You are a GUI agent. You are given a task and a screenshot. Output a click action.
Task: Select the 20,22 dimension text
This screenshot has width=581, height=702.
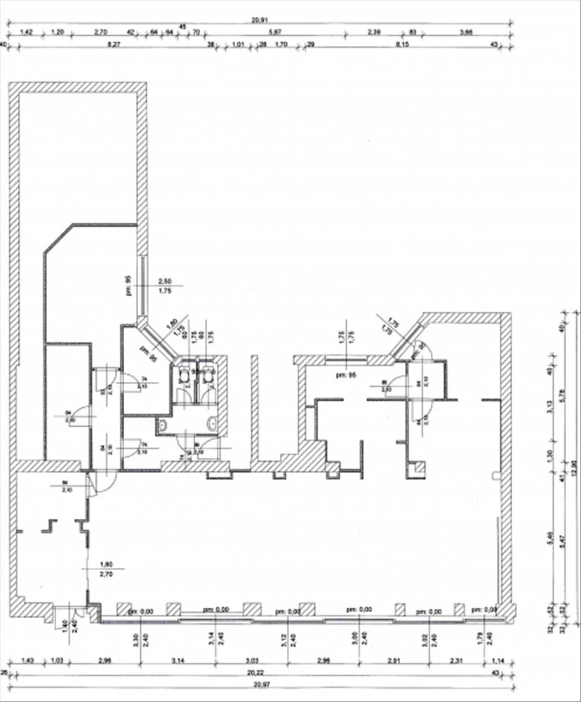(x=261, y=673)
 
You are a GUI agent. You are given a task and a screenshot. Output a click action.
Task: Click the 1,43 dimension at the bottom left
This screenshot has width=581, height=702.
(x=28, y=661)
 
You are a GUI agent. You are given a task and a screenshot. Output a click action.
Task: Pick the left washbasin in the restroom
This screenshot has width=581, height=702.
(x=163, y=423)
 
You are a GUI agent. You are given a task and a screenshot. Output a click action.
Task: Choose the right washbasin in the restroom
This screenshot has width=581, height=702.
(x=213, y=423)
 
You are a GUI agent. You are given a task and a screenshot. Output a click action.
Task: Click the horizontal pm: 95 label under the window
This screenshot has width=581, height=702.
(x=344, y=375)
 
